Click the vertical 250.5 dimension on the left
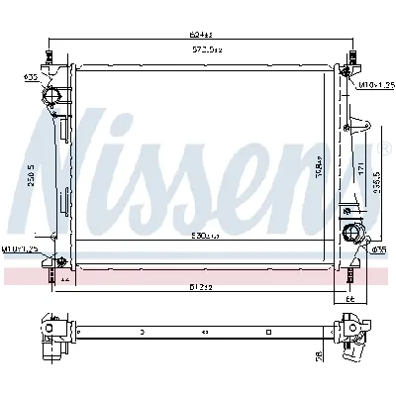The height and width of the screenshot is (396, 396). [33, 174]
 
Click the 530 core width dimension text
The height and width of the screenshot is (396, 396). [205, 238]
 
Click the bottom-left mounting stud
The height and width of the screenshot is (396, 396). [49, 275]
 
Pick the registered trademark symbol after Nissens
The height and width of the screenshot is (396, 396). [386, 149]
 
